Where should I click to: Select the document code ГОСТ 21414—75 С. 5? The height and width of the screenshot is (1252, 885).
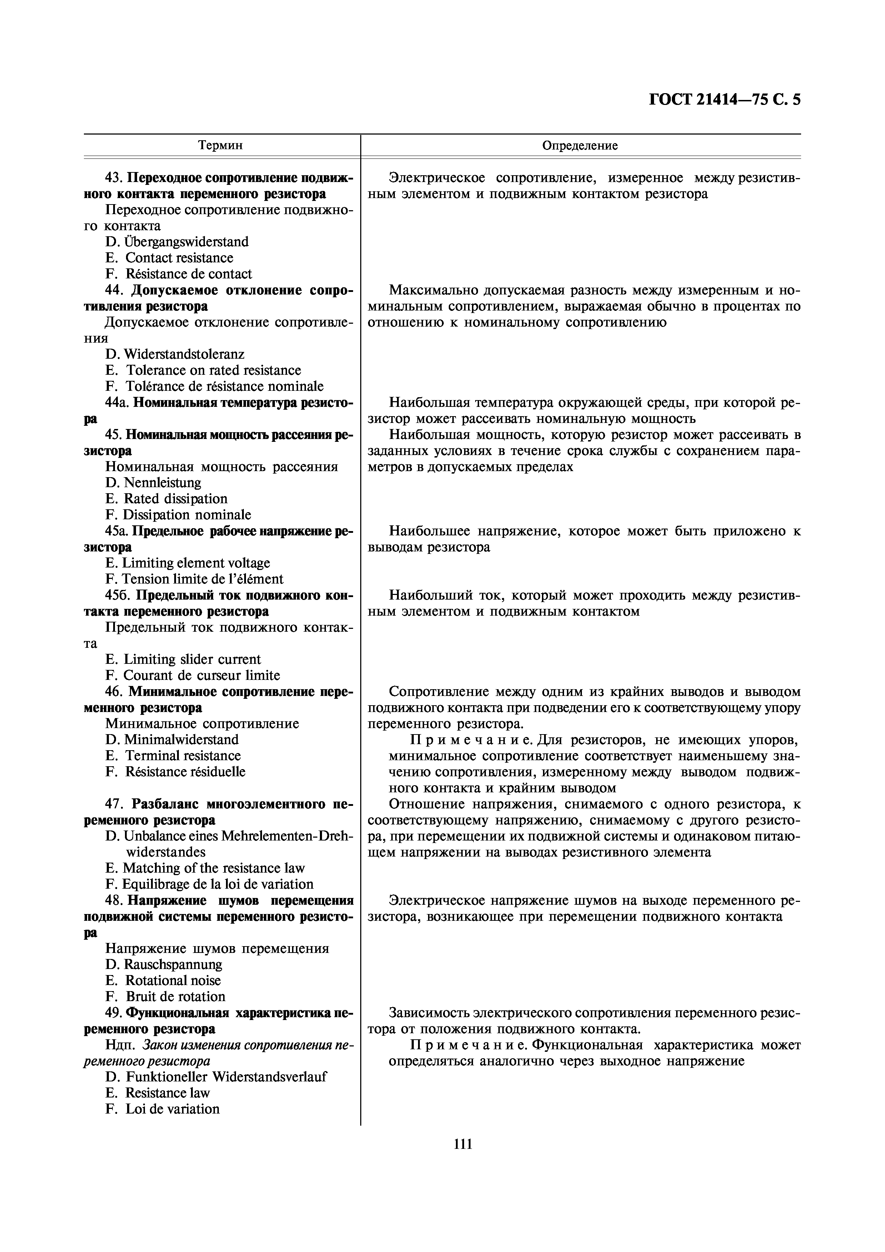[725, 100]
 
